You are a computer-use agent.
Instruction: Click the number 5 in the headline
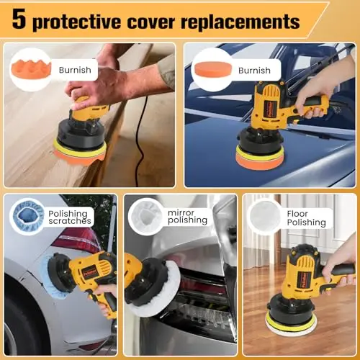(19, 19)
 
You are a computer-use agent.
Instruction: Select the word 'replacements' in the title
(240, 22)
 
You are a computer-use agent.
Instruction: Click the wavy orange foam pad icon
(31, 70)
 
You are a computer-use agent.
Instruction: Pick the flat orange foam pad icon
(213, 69)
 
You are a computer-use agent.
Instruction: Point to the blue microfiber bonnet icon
(29, 217)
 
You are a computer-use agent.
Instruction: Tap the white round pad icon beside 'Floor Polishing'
(265, 217)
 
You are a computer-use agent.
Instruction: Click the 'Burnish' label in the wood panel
(75, 70)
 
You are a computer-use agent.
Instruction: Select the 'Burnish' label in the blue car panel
(254, 71)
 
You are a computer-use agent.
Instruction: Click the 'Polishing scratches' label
(70, 217)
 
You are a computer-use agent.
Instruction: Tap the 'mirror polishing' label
(187, 217)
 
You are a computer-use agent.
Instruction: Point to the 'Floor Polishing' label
(307, 218)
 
